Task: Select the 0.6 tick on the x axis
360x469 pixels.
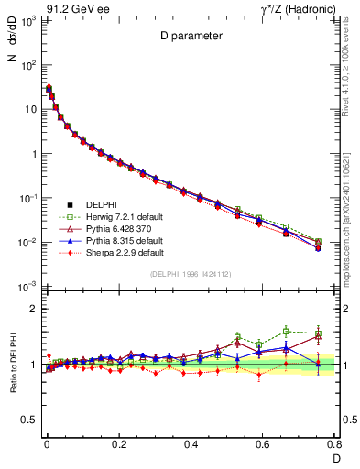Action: click(263, 444)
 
